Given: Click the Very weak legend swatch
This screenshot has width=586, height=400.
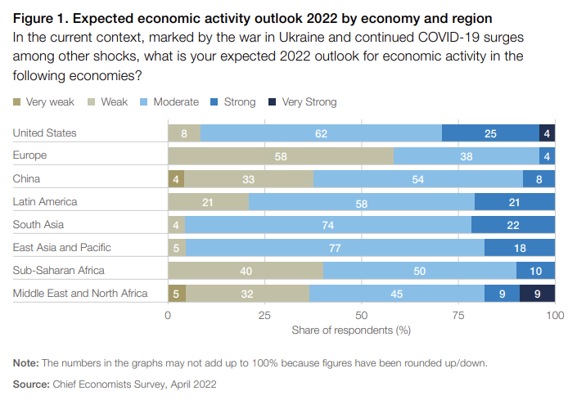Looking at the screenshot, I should pos(16,102).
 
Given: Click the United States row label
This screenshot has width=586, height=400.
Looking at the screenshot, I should pos(45,133).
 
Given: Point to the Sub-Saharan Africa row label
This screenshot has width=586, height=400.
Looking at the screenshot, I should pos(60,270).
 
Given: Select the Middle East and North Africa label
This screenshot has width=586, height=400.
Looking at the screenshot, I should pos(80,293).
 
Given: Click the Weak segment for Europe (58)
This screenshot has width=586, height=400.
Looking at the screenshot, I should pos(281,155).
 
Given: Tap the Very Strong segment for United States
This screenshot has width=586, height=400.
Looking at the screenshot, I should pos(547,133).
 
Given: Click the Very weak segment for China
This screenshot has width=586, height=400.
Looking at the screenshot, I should pos(176,178).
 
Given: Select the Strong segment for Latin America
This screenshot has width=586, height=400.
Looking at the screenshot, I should pos(514,201).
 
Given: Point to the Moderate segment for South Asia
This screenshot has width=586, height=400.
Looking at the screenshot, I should pos(327,224).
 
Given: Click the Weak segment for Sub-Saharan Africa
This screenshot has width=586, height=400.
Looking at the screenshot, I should pos(246,270).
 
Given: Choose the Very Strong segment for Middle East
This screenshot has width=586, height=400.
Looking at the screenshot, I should pos(537,293).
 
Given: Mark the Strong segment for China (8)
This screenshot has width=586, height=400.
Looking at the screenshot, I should pos(539,178).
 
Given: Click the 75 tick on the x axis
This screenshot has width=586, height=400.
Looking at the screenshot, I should pos(458,315).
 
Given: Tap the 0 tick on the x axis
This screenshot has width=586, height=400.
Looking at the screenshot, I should pos(168,315).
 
